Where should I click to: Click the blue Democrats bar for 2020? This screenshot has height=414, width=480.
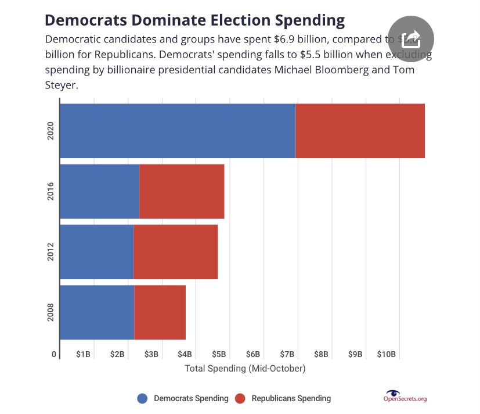tap(178, 131)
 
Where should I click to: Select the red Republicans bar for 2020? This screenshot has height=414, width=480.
tap(360, 131)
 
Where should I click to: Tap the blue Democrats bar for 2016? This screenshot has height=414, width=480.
tap(100, 191)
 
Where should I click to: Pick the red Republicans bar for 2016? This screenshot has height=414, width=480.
tap(182, 191)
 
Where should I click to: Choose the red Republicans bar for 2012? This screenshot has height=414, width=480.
tap(176, 252)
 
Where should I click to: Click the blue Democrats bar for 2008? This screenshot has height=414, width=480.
tap(97, 312)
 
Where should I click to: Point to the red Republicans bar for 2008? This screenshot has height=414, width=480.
tap(160, 312)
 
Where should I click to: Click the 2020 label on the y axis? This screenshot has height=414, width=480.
tap(50, 131)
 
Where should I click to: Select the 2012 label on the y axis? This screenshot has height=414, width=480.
tap(50, 252)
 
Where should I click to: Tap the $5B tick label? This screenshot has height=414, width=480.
tap(219, 355)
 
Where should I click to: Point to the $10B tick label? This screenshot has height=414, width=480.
tap(386, 355)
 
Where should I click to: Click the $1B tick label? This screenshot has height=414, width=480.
tap(84, 355)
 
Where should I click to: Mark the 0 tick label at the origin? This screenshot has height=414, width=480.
tap(54, 355)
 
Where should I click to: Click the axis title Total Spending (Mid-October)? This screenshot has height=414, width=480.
tap(245, 369)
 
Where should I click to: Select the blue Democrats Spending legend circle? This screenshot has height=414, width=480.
tap(143, 398)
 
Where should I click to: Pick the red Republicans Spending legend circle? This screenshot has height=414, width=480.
tap(241, 398)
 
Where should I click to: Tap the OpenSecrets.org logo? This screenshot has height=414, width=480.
tap(405, 397)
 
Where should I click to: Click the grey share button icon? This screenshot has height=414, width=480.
tap(410, 39)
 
